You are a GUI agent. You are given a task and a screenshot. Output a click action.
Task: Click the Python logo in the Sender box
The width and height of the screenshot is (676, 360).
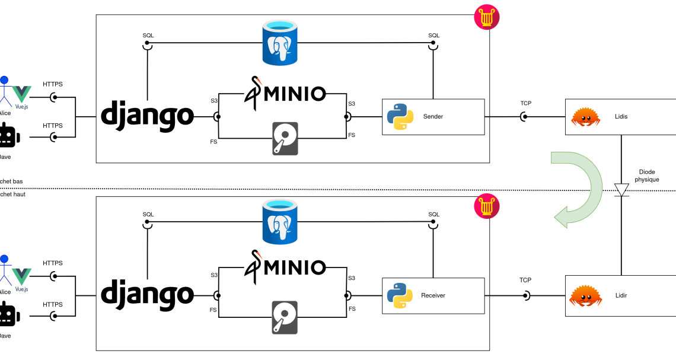click(400, 117)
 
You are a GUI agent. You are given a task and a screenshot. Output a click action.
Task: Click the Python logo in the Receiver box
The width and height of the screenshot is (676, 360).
click(400, 295)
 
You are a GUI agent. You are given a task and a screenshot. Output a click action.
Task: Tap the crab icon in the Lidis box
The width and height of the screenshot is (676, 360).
click(585, 117)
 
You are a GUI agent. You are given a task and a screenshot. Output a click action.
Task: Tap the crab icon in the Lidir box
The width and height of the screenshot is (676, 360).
click(585, 295)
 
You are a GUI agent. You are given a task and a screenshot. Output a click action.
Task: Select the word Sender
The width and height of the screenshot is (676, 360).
click(433, 117)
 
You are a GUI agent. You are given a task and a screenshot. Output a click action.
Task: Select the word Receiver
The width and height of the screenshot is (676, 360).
click(433, 295)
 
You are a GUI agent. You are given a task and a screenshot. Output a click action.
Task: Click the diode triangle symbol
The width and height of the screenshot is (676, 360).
click(621, 190)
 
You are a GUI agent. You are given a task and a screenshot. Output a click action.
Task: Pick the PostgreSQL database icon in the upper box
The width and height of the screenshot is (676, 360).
click(279, 43)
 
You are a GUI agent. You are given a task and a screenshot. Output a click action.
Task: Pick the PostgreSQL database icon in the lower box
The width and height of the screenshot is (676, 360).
click(279, 221)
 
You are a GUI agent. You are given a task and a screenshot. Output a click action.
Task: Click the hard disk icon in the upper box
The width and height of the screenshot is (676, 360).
click(285, 139)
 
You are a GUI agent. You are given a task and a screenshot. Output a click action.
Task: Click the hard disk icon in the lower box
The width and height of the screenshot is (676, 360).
click(285, 317)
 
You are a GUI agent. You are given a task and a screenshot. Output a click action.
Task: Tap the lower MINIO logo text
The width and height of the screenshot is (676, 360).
click(294, 267)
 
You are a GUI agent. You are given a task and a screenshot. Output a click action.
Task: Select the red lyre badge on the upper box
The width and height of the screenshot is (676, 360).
click(486, 17)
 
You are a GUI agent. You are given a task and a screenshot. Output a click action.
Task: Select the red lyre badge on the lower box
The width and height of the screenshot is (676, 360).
click(486, 206)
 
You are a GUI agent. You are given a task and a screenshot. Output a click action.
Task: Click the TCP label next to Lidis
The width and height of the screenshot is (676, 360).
click(525, 103)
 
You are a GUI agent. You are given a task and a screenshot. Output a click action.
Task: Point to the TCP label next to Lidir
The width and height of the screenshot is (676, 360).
click(525, 280)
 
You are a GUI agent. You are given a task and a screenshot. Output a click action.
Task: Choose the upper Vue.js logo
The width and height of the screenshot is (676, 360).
click(22, 95)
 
